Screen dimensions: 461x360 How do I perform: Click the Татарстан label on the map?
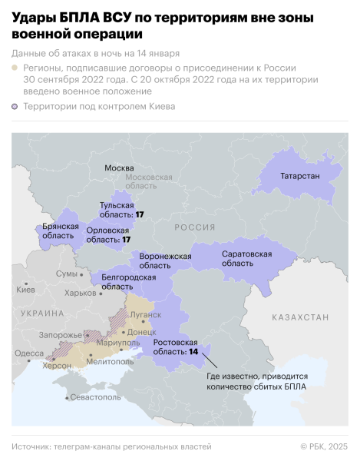tap(296, 176)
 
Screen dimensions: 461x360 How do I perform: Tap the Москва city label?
tap(119, 167)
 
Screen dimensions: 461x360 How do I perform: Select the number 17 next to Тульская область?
tap(140, 214)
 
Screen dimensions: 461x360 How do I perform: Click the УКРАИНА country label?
tap(42, 313)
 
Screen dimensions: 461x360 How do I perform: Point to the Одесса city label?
tap(29, 353)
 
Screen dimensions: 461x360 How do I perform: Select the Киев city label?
tap(25, 290)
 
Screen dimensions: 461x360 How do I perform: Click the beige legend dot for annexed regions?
tap(15, 68)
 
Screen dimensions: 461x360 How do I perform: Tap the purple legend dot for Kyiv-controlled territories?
tap(15, 107)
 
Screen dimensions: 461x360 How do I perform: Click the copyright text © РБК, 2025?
tap(323, 446)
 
